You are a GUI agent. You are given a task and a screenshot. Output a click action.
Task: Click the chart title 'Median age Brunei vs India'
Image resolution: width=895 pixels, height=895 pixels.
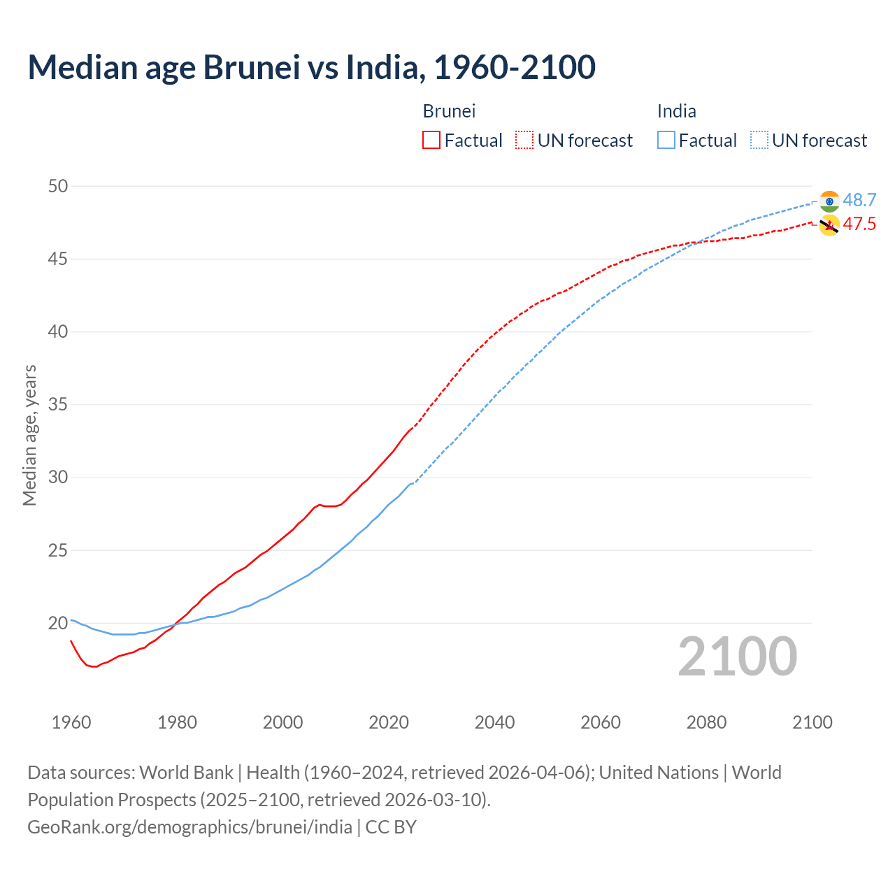point(311,68)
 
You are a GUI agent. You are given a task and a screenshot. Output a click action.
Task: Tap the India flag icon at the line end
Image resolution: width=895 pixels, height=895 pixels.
point(829,201)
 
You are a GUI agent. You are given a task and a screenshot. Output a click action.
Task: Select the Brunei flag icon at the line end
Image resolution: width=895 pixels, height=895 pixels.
point(829,225)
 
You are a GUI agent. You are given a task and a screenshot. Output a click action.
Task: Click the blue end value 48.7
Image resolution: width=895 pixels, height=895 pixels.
point(859,200)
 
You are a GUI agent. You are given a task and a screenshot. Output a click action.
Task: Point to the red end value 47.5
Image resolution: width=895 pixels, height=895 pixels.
point(859,224)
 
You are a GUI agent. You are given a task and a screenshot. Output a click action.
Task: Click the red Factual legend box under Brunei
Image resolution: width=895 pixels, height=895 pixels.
point(431,141)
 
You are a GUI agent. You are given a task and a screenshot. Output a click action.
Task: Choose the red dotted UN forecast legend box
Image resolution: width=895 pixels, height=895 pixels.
point(524,141)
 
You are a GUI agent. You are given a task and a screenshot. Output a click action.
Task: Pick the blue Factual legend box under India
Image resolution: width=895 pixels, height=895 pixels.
point(666,141)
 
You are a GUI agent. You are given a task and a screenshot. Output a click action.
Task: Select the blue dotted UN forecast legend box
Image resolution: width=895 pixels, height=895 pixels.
point(759,141)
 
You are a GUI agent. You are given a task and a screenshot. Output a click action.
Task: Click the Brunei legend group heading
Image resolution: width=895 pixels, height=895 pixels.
point(449,111)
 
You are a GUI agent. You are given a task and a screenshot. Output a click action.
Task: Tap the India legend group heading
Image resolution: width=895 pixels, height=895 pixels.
point(676,111)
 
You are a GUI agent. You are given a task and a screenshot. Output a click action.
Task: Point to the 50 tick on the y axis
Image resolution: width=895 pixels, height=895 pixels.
point(58,186)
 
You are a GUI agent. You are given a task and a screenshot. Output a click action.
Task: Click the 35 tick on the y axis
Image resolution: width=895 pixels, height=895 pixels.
point(58,405)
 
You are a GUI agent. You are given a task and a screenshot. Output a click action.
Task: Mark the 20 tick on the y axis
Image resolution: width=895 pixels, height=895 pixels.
point(58,623)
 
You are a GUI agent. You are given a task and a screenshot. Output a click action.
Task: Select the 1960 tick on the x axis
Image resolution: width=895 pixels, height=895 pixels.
point(71,722)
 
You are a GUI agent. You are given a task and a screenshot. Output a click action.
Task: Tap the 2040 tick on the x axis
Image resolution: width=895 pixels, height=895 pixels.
point(494,722)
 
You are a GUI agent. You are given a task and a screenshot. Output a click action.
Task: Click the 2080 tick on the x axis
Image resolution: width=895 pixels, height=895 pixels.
point(706,722)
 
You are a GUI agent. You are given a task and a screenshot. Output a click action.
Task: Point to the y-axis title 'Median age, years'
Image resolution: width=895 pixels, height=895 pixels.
point(29,435)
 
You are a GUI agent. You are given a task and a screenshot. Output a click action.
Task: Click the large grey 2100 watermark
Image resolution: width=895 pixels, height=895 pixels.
point(737,657)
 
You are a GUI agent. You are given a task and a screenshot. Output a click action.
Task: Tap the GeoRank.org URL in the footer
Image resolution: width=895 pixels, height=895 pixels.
point(189,827)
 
